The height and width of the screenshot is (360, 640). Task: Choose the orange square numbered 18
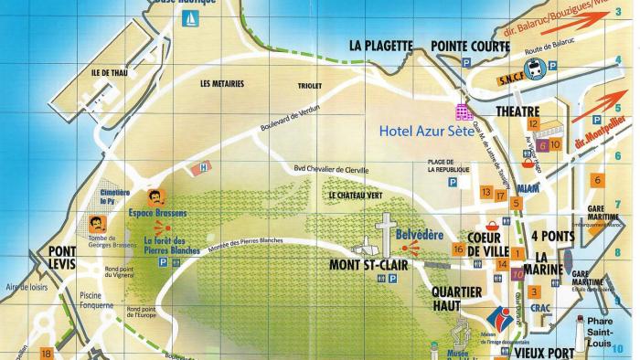[47, 353]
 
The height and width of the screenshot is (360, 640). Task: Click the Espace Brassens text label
[158, 213]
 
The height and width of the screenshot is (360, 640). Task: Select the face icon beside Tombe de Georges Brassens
[97, 223]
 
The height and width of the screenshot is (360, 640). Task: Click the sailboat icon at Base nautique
[191, 17]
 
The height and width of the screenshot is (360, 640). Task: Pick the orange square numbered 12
[532, 122]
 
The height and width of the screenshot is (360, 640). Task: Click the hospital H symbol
[204, 167]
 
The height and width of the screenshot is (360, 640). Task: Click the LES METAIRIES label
[222, 83]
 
